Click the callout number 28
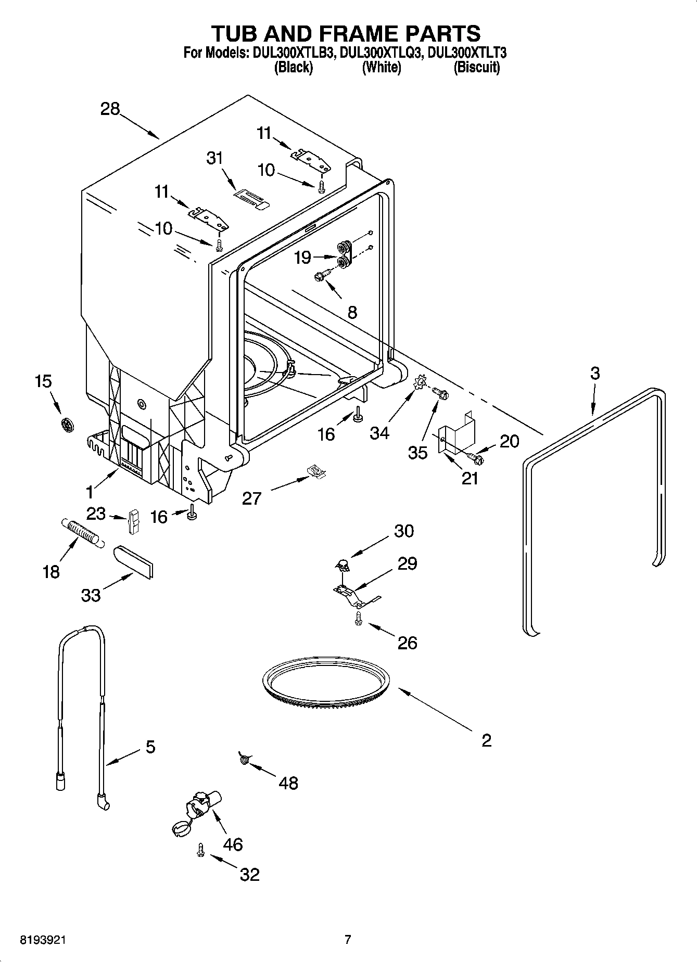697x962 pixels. [x=110, y=109]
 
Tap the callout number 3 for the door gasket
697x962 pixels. [x=595, y=373]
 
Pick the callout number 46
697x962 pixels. [x=233, y=844]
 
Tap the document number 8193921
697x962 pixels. [x=43, y=940]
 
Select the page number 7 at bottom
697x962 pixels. [x=348, y=940]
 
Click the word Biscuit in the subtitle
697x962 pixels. [x=476, y=67]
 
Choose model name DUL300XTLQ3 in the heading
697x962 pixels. [x=380, y=53]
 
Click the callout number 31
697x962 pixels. [x=214, y=158]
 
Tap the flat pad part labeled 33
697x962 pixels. [x=134, y=561]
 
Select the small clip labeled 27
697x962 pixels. [x=315, y=471]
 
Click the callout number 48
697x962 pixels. [x=288, y=783]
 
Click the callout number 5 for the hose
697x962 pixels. [x=150, y=747]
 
